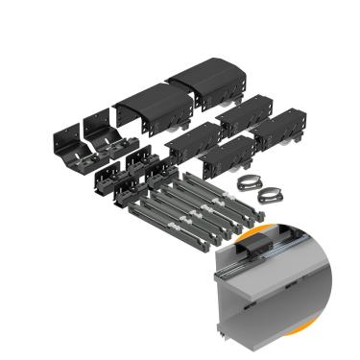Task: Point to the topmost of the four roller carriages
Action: (241, 116)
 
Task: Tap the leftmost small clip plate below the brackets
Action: (105, 182)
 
